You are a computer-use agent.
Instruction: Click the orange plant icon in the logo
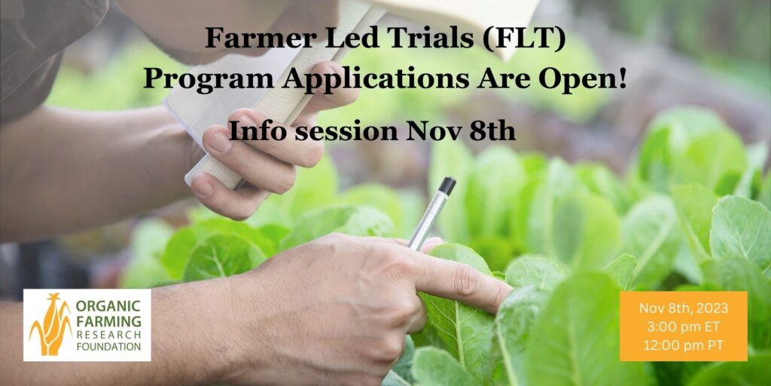point(50,325)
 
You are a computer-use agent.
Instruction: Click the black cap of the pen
point(446,185)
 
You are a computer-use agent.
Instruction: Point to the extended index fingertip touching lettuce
point(498,299)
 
